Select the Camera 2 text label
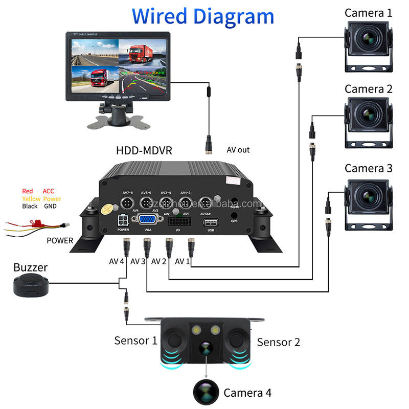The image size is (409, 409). pos(368,89)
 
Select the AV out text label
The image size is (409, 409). pos(238,150)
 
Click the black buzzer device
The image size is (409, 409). pos(31,284)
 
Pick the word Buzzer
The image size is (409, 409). pos(31,267)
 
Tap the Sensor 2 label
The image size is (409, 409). pos(278,342)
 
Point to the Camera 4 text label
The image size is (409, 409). pos(247,393)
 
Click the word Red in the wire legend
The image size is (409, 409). pos(27,191)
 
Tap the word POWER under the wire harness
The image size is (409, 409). pos(60,240)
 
